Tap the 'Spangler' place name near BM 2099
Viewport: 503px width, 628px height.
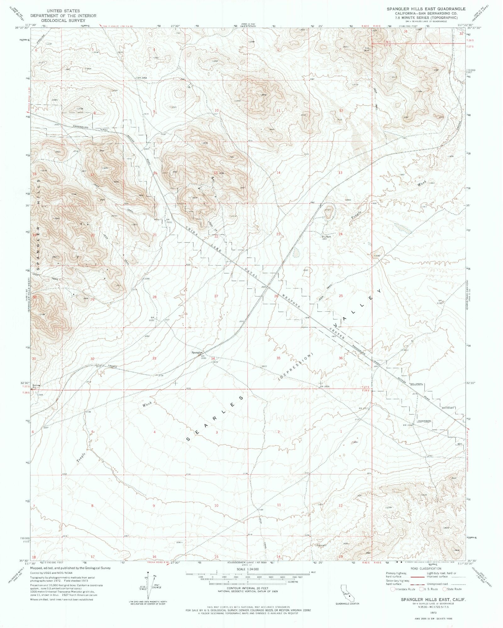pyautogui.click(x=197, y=352)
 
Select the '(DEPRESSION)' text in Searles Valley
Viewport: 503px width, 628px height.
pyautogui.click(x=296, y=365)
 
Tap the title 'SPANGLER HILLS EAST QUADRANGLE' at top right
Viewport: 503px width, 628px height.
pyautogui.click(x=426, y=9)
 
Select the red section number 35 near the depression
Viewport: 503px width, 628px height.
pyautogui.click(x=278, y=358)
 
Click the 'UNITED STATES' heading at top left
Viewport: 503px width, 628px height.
pyautogui.click(x=63, y=11)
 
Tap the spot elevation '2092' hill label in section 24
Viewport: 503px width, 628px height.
pyautogui.click(x=377, y=256)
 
